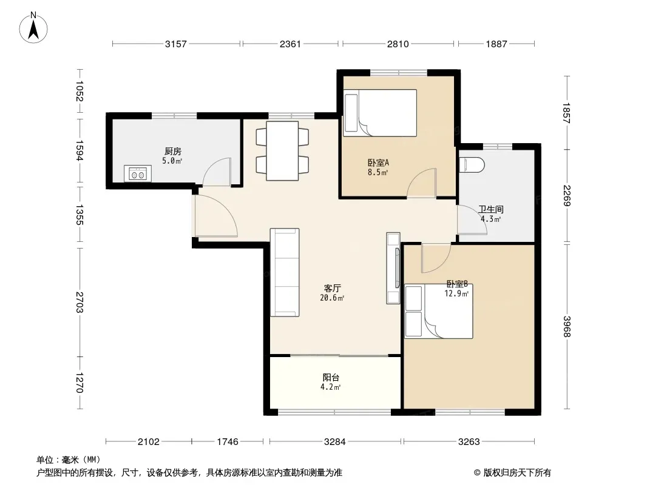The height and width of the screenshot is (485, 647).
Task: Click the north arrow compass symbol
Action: click(33, 28)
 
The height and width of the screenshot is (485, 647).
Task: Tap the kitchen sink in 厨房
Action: click(138, 173)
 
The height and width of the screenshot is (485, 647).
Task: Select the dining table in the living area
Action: click(282, 150)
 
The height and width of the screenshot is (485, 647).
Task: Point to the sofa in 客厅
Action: click(285, 272)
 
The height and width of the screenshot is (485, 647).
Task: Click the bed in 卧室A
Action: click(380, 113)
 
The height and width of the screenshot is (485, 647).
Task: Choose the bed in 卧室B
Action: click(439, 312)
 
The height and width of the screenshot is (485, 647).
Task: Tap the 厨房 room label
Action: click(173, 152)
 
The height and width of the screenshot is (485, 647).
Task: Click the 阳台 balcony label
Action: click(331, 378)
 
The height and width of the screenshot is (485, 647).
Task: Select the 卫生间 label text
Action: click(490, 210)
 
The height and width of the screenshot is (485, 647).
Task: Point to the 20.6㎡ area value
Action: click(332, 298)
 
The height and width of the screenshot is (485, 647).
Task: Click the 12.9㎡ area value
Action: click(456, 294)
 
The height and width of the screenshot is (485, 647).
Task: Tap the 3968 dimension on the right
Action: click(567, 326)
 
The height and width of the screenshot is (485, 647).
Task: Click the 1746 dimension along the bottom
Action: click(228, 442)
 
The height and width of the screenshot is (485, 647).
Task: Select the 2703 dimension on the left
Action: click(80, 302)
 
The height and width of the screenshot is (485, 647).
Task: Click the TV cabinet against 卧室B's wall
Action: click(393, 268)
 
